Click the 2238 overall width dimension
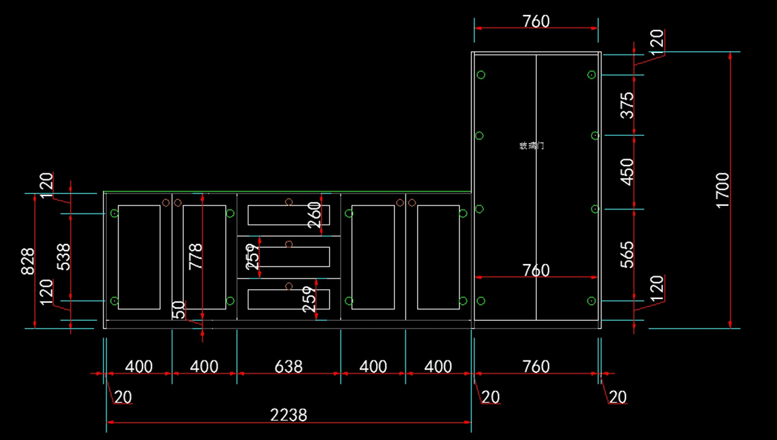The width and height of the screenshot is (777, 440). point(289,414)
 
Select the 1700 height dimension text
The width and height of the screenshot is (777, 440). point(723,190)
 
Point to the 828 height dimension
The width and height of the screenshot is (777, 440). point(28,260)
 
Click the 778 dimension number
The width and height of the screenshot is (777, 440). point(196,256)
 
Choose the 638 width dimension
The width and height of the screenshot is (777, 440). point(288,367)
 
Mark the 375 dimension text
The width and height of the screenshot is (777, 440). point(627,105)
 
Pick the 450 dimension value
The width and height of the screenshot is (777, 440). point(627,171)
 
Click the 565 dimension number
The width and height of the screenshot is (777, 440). point(627,254)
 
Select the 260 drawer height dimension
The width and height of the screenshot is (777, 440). point(314,215)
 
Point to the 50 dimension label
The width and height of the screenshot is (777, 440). point(179,309)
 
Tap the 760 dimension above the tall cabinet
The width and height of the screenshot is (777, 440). point(535,21)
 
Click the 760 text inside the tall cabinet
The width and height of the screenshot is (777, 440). point(535,270)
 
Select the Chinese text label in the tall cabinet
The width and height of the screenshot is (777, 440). point(531,146)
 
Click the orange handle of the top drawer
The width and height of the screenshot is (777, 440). point(289,202)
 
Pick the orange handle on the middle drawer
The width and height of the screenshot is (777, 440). point(289,244)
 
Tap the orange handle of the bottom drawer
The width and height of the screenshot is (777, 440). point(289,285)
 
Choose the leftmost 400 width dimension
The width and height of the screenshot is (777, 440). point(139,367)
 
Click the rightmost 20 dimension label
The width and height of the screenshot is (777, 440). point(618,397)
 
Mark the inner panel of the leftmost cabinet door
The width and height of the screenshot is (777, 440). point(139,257)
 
